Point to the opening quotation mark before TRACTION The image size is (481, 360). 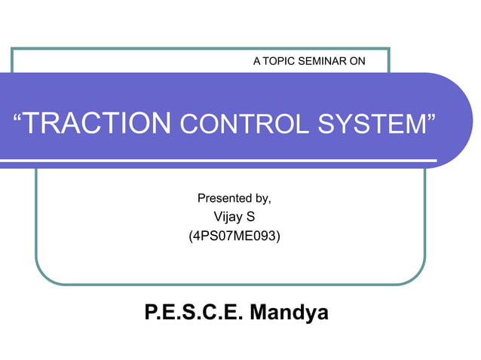pyautogui.click(x=19, y=117)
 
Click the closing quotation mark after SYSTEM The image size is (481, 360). pyautogui.click(x=432, y=117)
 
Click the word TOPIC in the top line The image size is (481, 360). pyautogui.click(x=281, y=61)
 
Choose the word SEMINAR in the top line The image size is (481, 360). pyautogui.click(x=324, y=61)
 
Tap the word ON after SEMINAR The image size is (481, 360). pyautogui.click(x=357, y=61)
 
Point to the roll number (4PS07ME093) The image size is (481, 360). pyautogui.click(x=234, y=236)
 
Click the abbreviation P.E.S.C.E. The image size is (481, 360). pyautogui.click(x=192, y=312)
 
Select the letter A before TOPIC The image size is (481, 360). pyautogui.click(x=257, y=61)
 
